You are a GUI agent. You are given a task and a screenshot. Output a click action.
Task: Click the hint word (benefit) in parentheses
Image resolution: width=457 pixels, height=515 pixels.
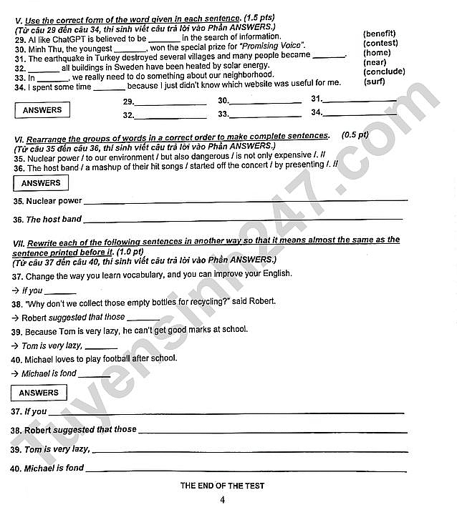380,34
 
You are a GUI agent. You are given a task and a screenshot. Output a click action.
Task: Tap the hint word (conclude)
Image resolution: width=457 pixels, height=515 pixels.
384,72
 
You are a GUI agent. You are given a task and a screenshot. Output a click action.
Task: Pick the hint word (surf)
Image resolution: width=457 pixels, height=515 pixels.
374,82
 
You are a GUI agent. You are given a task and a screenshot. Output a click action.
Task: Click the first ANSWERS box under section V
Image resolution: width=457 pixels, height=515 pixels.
42,110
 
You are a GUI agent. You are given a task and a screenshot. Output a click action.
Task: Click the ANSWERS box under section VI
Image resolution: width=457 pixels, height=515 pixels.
40,183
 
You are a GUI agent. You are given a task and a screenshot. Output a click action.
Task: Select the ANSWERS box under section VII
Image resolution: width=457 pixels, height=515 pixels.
39,393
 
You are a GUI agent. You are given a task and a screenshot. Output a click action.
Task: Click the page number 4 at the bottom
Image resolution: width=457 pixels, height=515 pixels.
223,500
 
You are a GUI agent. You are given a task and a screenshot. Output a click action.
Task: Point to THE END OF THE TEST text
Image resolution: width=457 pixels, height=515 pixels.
222,486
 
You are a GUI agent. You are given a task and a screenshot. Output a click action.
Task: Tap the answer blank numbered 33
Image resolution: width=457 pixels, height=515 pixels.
265,114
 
